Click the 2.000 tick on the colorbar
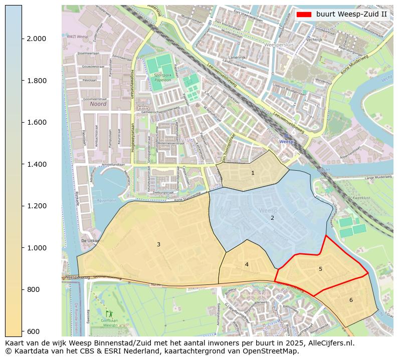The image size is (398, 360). click(x=36, y=39)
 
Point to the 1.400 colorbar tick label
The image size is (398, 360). click(x=36, y=164)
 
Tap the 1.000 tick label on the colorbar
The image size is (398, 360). click(x=36, y=248)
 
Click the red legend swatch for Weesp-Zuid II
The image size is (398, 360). click(x=304, y=14)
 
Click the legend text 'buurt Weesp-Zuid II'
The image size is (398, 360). click(x=351, y=14)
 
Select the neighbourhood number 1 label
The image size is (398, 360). click(x=253, y=173)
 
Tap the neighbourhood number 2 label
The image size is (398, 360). click(x=272, y=218)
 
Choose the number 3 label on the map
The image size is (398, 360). click(x=158, y=244)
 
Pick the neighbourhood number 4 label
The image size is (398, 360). click(x=247, y=264)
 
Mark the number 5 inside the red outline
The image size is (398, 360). click(x=320, y=269)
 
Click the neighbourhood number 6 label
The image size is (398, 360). click(x=351, y=300)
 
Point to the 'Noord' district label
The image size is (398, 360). click(x=99, y=104)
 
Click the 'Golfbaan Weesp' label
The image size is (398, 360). click(x=109, y=322)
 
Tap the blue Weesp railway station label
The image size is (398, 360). click(x=286, y=142)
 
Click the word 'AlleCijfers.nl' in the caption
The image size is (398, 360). click(x=329, y=343)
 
